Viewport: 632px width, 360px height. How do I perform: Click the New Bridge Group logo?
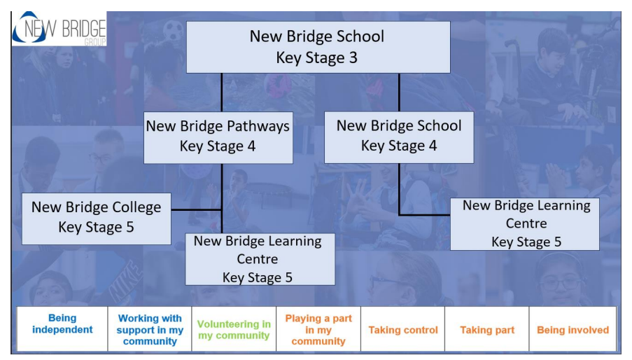click(59, 29)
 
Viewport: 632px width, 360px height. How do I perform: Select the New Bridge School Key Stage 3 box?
click(318, 47)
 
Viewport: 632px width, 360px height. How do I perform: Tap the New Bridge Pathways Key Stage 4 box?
click(218, 137)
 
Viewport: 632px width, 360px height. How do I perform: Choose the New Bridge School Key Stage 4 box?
click(399, 137)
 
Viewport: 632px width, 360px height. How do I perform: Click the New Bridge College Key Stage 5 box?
click(97, 218)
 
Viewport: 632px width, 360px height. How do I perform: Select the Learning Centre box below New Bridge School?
click(524, 224)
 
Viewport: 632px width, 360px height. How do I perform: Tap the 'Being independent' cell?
click(62, 324)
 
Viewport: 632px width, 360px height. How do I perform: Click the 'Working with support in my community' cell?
click(150, 329)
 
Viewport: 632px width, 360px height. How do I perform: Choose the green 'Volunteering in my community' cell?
click(234, 329)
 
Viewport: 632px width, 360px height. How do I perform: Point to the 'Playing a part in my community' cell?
click(318, 329)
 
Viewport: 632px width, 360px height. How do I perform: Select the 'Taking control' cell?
click(403, 330)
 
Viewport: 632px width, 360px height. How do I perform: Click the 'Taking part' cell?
click(487, 330)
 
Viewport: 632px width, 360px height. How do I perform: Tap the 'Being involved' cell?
click(573, 330)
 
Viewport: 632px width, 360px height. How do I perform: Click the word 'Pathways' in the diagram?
click(254, 127)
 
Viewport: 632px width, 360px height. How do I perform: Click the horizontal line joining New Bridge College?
click(197, 209)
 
